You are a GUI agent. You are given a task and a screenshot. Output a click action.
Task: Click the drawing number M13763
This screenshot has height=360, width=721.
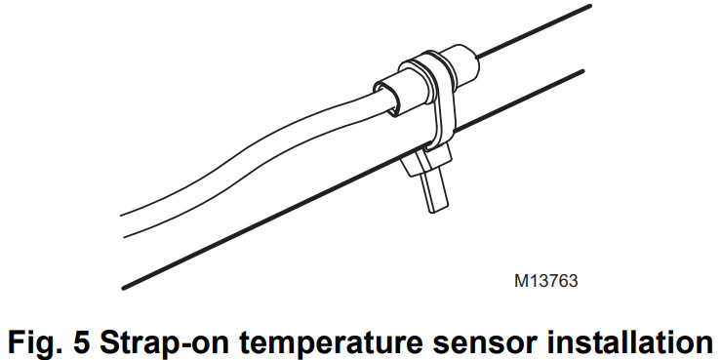pos(546,282)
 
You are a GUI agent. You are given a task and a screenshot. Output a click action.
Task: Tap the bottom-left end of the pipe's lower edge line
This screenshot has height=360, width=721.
pos(124,287)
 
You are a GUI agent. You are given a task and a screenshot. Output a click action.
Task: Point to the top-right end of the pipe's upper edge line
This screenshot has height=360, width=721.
pos(589,7)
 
